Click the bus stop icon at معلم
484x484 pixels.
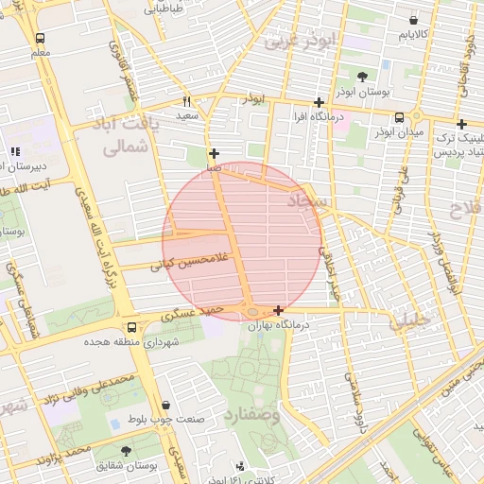click(x=40, y=39)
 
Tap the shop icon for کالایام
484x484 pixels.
click(x=414, y=20)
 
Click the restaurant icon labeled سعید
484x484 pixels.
click(x=187, y=100)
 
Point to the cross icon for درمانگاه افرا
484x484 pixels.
click(x=320, y=102)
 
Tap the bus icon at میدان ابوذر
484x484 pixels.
click(x=399, y=118)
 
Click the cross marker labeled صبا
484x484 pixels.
click(x=215, y=153)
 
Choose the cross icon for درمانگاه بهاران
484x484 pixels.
click(x=278, y=310)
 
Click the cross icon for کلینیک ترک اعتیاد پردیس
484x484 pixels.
click(x=461, y=124)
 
